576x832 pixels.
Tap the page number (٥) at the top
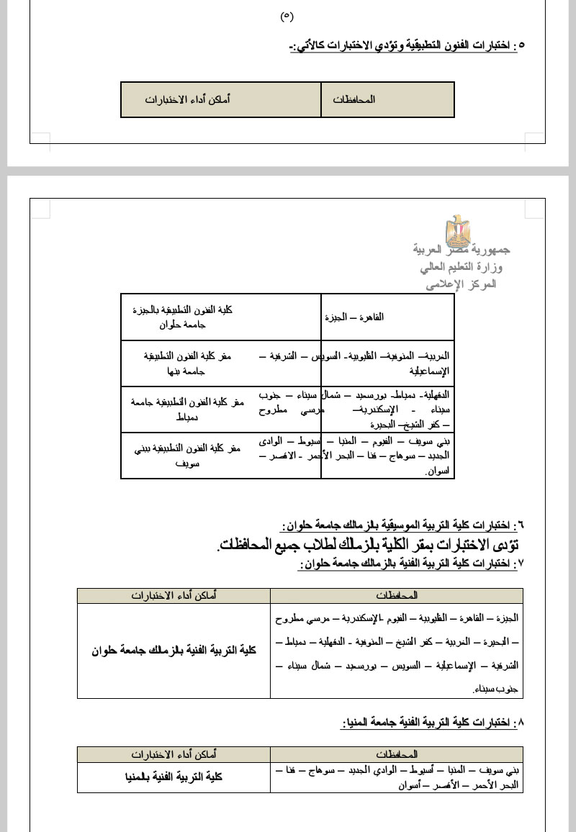click(x=287, y=16)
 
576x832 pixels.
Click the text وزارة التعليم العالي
click(x=462, y=267)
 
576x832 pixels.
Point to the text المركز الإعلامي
click(x=462, y=284)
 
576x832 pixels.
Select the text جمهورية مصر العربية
click(x=462, y=250)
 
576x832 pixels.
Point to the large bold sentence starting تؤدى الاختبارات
click(x=367, y=544)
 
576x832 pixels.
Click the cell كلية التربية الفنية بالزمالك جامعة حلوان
click(x=174, y=651)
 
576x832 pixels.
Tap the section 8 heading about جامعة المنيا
click(x=432, y=722)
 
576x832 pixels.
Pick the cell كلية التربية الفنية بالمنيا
click(x=174, y=777)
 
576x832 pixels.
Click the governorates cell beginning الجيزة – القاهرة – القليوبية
click(x=397, y=651)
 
